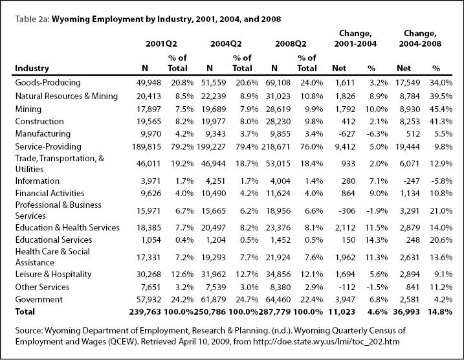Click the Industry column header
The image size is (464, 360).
coord(32,68)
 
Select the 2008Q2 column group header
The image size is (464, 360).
coord(291,44)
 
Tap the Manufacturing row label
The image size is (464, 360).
coord(43,134)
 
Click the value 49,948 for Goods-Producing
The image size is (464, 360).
coord(149,83)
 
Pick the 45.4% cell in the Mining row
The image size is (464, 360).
coord(441,109)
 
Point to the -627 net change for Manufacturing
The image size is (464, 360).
coord(347,134)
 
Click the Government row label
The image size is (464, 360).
coord(39,299)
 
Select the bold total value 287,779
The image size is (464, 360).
coord(274,311)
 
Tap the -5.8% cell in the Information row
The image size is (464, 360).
coord(441,181)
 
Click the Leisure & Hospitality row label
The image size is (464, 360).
coord(53,274)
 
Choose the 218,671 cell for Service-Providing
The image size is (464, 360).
coord(276,147)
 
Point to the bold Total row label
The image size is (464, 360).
coord(25,311)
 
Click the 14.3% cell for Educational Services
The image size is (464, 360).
coord(376,240)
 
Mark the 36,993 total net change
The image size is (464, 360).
coord(406,311)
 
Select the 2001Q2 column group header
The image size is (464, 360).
coord(161,44)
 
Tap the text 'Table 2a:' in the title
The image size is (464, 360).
coord(32,19)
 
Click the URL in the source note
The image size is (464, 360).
coord(326,342)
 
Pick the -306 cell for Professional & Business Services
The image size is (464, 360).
coord(347,211)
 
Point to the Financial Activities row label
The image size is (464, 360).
coord(50,194)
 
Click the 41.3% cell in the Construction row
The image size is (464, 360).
coord(441,121)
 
